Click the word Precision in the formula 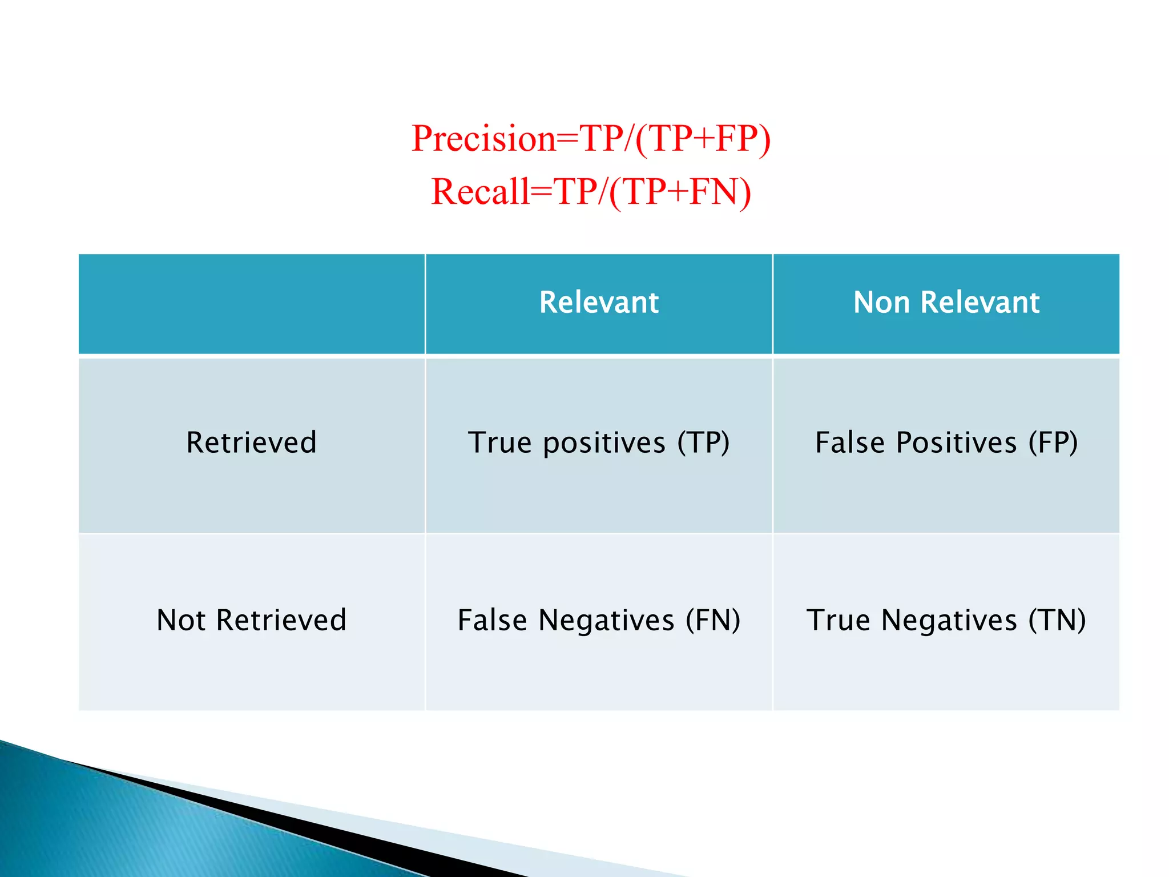pyautogui.click(x=483, y=139)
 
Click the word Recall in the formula pyautogui.click(x=480, y=192)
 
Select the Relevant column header pyautogui.click(x=599, y=303)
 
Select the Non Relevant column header pyautogui.click(x=946, y=303)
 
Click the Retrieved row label pyautogui.click(x=251, y=443)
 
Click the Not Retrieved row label pyautogui.click(x=251, y=621)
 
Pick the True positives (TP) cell pyautogui.click(x=599, y=443)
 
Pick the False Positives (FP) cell pyautogui.click(x=946, y=443)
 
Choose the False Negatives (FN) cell pyautogui.click(x=599, y=621)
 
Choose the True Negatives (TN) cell pyautogui.click(x=946, y=621)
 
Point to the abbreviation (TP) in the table pyautogui.click(x=703, y=443)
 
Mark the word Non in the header pyautogui.click(x=881, y=303)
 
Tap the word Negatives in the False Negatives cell pyautogui.click(x=606, y=621)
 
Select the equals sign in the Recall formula pyautogui.click(x=542, y=192)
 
